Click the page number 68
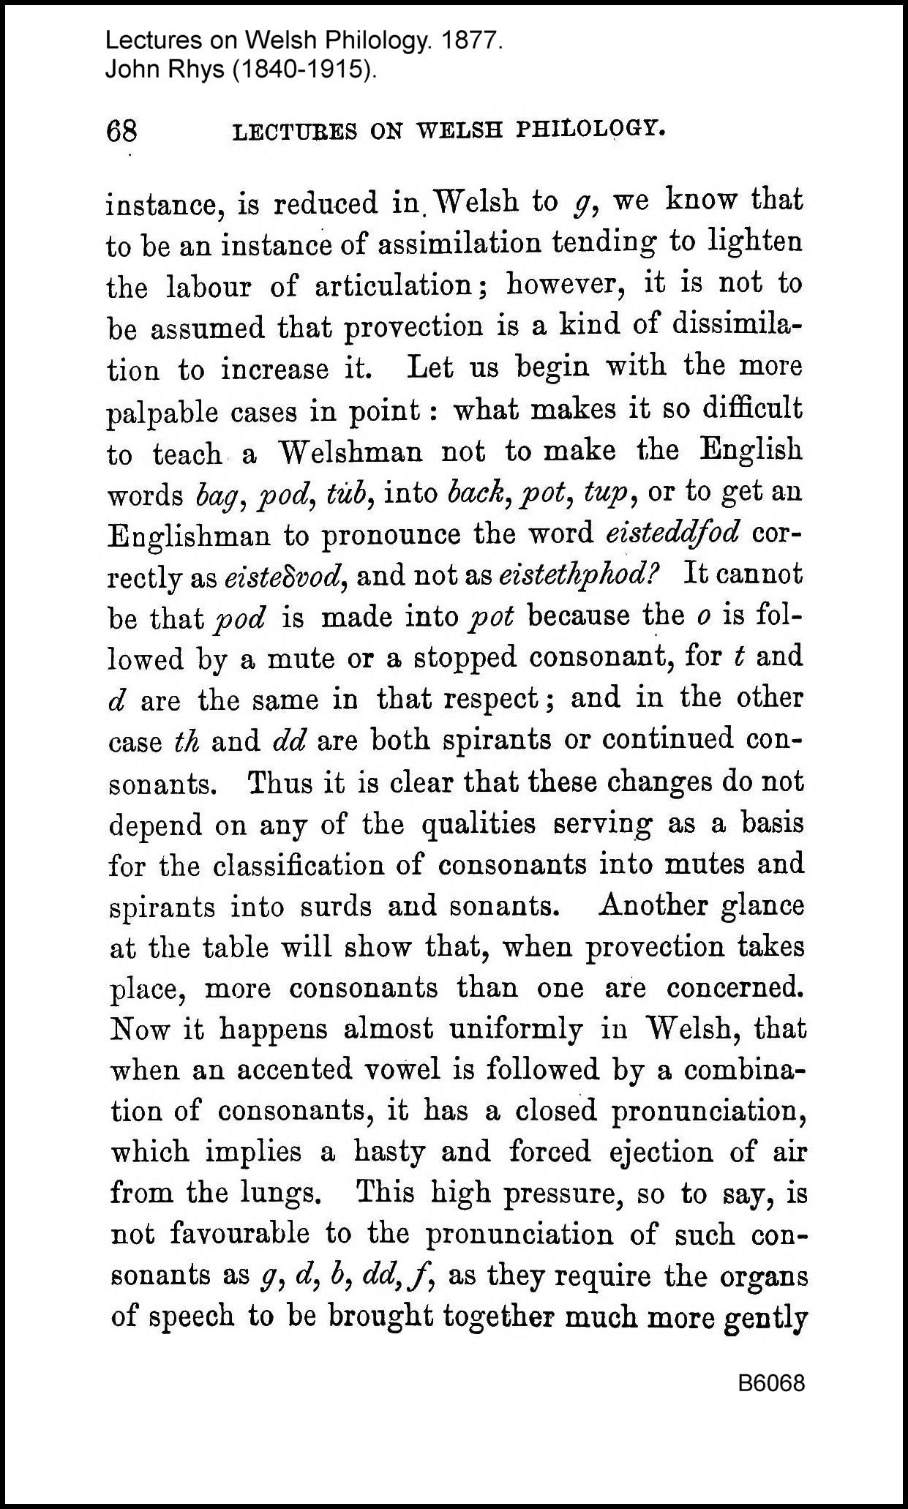tap(121, 132)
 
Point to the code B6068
tap(771, 1383)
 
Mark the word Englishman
tap(189, 536)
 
